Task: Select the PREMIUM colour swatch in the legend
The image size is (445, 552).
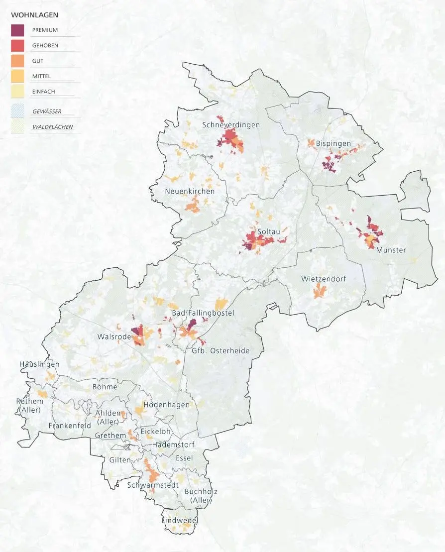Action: coord(17,30)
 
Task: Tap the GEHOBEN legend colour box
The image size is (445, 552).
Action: coord(17,45)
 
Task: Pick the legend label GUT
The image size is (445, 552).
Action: coord(38,61)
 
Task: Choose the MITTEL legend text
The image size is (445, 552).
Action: coord(41,76)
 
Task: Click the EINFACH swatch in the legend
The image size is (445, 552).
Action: coord(17,92)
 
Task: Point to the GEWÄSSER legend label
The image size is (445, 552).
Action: coord(47,111)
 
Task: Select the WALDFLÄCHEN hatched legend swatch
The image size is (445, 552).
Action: coord(17,126)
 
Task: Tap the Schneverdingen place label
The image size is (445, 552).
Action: coord(231,125)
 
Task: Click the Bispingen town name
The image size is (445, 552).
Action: coord(333,144)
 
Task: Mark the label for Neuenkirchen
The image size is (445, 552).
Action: coord(190,191)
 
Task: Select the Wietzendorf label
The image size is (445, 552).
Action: coord(323,279)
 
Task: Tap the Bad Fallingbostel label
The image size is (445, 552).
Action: coord(202,313)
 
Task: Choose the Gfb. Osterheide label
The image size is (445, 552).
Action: coord(221,351)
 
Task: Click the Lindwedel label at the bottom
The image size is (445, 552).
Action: coord(180,521)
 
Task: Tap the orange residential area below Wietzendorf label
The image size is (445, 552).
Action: coord(318,292)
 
